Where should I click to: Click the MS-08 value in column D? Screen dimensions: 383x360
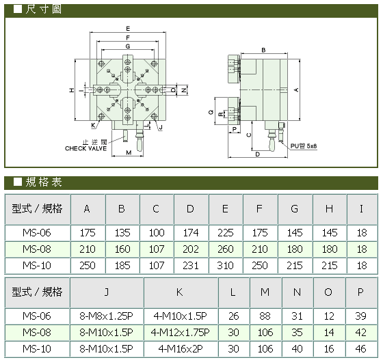pos(191,249)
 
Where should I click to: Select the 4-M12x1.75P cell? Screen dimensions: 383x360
pos(181,333)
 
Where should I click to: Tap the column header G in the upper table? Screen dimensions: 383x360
pos(294,209)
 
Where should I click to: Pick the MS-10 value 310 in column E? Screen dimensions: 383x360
pos(225,265)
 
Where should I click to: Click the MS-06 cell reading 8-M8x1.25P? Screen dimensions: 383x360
pos(106,316)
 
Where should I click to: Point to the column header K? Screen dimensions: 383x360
pos(179,292)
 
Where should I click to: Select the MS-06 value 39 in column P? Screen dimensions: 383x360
pos(360,316)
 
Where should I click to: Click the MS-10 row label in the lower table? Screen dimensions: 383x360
pos(37,349)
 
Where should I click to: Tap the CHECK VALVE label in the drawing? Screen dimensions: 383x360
pos(85,148)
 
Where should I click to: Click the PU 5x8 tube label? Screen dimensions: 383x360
pos(304,146)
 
